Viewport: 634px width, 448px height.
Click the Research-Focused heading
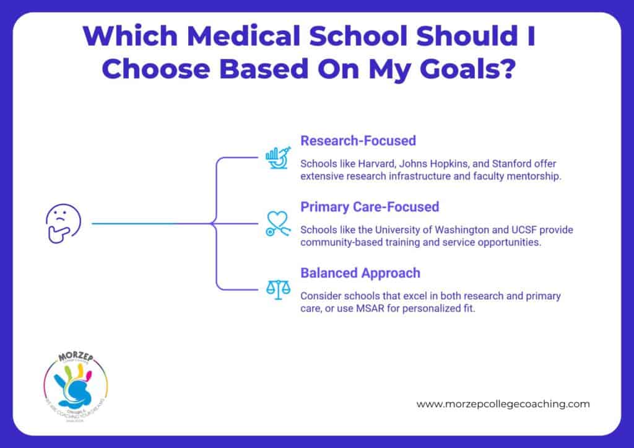pyautogui.click(x=358, y=141)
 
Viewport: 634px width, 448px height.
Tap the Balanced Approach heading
pyautogui.click(x=360, y=273)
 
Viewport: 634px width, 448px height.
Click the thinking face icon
pyautogui.click(x=59, y=222)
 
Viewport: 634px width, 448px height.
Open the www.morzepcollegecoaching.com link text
pyautogui.click(x=503, y=403)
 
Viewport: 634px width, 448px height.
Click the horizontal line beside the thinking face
pyautogui.click(x=152, y=223)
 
